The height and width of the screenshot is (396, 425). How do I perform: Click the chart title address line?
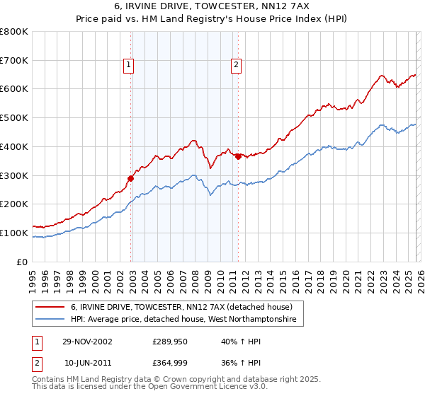click(212, 6)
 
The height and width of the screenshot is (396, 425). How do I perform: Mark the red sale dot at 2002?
click(131, 178)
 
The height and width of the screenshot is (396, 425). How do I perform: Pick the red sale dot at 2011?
click(238, 157)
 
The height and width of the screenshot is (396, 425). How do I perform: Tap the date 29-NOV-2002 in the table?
click(87, 342)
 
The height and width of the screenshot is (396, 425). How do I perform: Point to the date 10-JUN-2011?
click(87, 363)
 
